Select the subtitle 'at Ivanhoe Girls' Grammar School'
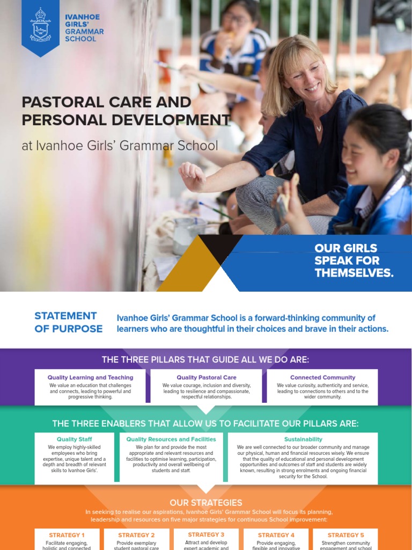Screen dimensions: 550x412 120,146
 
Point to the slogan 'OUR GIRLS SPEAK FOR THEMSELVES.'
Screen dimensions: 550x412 354,260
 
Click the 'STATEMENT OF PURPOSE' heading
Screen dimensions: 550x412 68,322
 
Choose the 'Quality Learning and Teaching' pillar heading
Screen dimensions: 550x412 90,378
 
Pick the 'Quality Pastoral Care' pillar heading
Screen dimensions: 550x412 207,378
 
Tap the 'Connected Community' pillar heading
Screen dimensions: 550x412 322,378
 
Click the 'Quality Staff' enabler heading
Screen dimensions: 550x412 74,439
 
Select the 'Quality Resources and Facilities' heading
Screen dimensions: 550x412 171,439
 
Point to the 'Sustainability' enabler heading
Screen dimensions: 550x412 303,439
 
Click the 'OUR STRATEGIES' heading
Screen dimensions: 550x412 206,503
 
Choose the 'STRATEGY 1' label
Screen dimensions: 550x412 67,535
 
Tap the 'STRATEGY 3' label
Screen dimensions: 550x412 206,534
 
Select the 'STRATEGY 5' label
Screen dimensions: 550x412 345,535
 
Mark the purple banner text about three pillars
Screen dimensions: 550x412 206,359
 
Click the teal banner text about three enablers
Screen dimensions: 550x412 206,423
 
